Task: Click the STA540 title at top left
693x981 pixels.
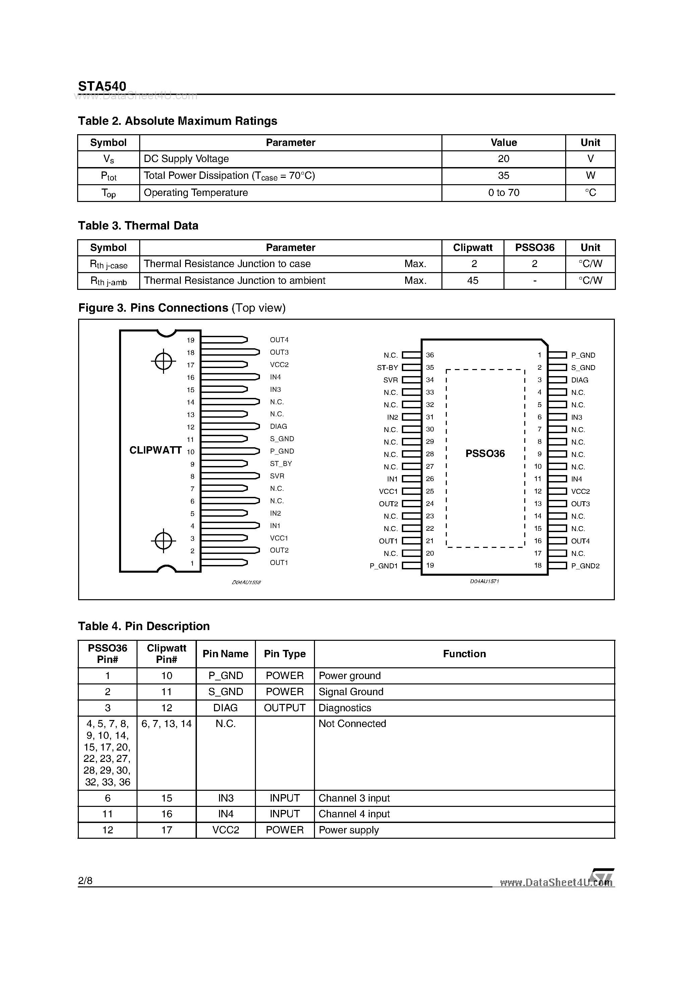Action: pos(102,86)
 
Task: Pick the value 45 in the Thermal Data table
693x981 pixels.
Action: pos(473,281)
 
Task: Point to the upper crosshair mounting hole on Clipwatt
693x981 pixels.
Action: pos(163,361)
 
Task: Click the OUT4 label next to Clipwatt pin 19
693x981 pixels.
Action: pos(279,340)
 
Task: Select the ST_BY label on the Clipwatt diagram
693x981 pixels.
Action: pos(281,464)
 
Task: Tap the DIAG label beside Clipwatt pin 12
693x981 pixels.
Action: pos(278,426)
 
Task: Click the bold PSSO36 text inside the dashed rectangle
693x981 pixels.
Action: pos(485,454)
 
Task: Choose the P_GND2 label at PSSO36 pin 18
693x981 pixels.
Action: pos(585,566)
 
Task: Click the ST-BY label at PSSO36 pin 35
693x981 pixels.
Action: pos(387,367)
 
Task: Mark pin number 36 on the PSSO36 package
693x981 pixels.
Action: pos(430,355)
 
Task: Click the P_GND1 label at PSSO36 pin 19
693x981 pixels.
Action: pos(383,566)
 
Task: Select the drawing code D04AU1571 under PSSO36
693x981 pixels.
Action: pos(484,581)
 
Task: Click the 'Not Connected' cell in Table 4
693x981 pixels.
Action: pos(352,724)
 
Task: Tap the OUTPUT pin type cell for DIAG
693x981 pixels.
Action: pos(284,708)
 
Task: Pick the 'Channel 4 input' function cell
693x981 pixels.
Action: pos(354,814)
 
